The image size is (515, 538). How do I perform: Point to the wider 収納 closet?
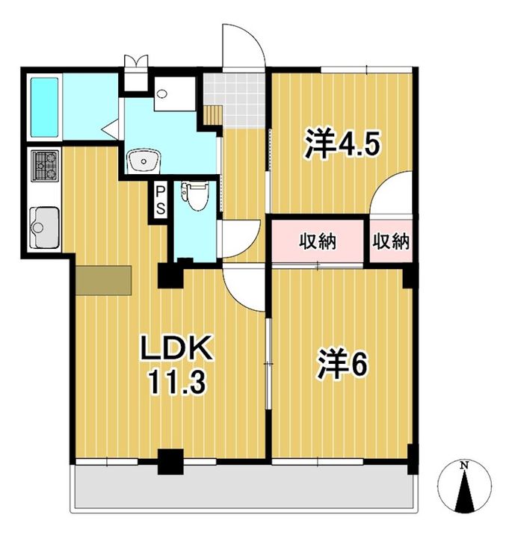[x=318, y=241]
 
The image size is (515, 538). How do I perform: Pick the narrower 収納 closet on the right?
[x=390, y=241]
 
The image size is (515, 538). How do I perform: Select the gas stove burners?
[x=44, y=166]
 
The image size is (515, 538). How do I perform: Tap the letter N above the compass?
[x=464, y=466]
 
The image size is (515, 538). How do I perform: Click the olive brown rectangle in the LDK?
[x=102, y=279]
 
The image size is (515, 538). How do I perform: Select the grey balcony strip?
[x=243, y=489]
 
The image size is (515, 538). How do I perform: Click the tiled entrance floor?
[x=235, y=97]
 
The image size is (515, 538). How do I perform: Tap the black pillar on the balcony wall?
[x=172, y=461]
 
